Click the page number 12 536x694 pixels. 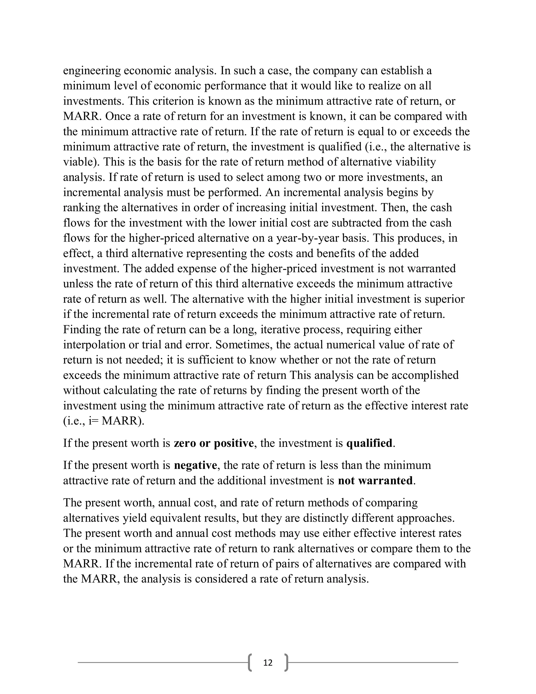pyautogui.click(x=268, y=663)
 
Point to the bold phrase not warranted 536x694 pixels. pyautogui.click(x=375, y=481)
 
